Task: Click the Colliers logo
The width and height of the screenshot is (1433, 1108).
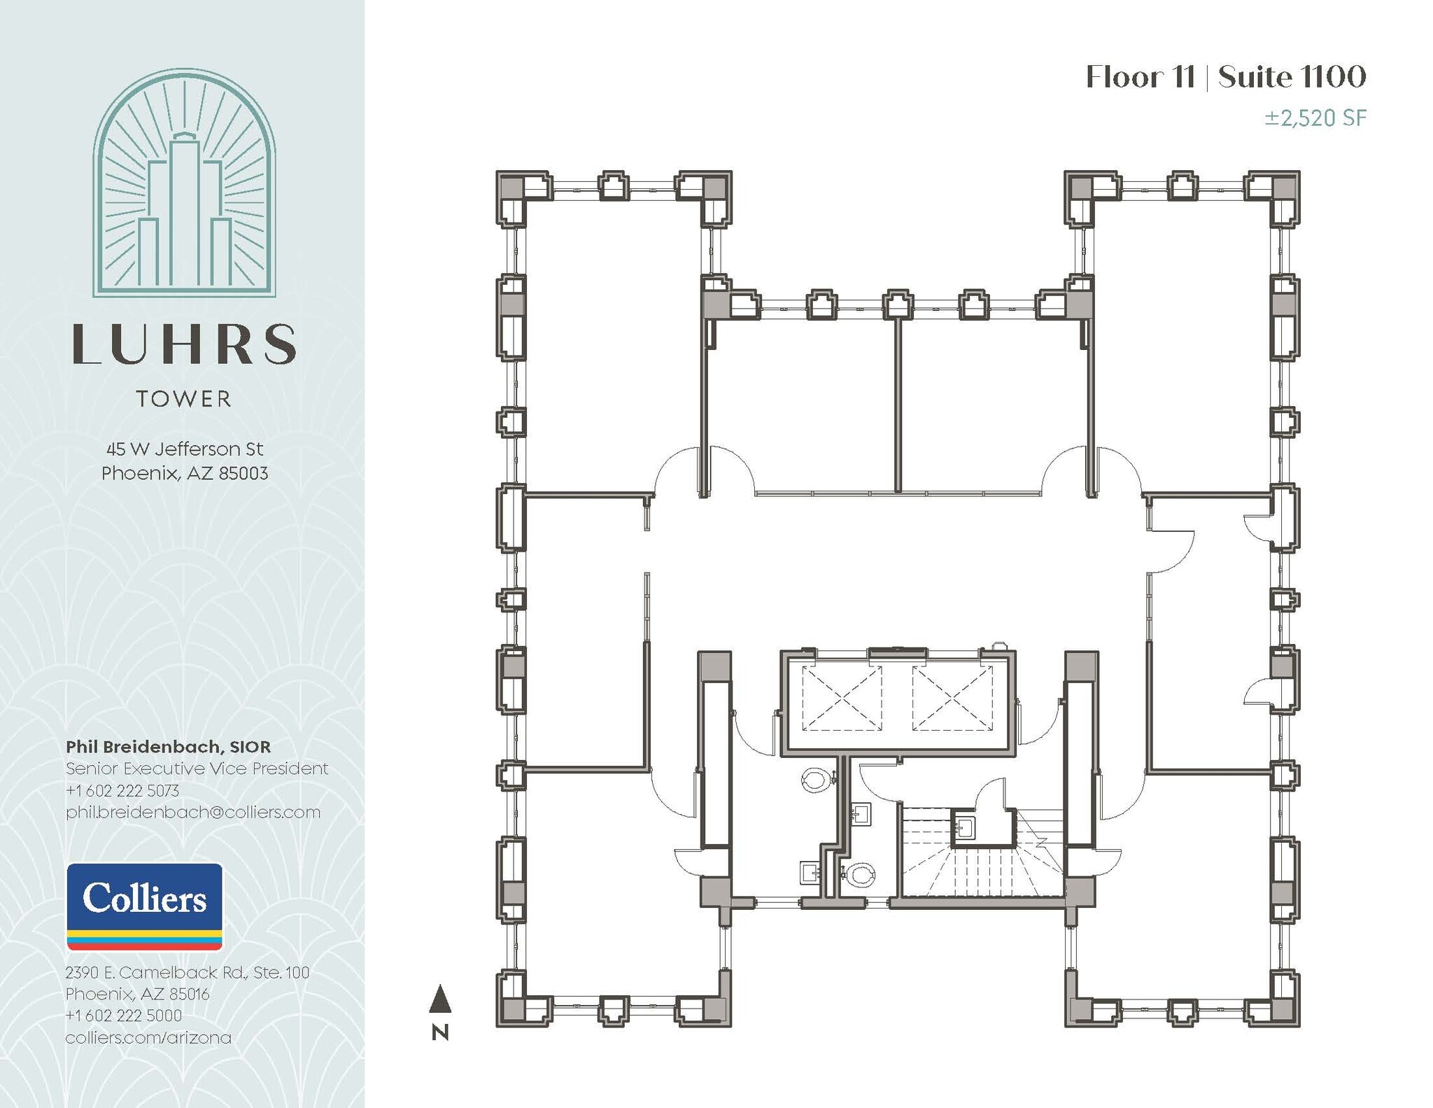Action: point(144,906)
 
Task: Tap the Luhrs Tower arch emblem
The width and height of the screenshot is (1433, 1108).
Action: point(184,183)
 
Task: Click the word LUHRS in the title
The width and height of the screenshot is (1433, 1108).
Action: point(184,344)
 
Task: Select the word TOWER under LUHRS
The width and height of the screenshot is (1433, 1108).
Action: point(184,399)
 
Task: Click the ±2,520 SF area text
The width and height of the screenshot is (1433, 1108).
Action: point(1315,118)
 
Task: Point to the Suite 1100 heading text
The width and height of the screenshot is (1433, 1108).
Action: point(1292,77)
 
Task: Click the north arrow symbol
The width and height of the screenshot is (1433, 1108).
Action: point(439,999)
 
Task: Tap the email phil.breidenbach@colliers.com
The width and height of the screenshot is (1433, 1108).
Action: point(193,812)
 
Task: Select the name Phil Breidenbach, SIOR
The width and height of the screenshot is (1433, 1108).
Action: point(168,747)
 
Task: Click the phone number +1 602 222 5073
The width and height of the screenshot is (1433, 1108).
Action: point(122,790)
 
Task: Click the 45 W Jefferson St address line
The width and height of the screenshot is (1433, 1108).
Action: point(185,449)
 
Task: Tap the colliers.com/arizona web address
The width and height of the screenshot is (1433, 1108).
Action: point(148,1037)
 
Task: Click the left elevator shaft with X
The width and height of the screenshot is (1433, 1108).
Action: point(841,699)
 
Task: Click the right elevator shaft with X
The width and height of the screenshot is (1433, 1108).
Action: point(952,699)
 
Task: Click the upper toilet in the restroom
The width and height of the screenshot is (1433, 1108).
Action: point(816,779)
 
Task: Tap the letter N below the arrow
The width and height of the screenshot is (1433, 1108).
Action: point(440,1032)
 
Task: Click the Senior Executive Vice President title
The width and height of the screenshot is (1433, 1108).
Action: point(197,769)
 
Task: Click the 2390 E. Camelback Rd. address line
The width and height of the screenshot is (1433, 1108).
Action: point(187,972)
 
